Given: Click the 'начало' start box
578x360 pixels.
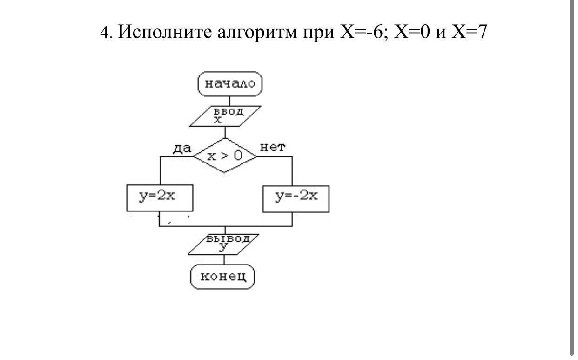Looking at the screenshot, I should click(x=230, y=84).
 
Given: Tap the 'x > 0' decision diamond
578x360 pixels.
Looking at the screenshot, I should click(x=225, y=156).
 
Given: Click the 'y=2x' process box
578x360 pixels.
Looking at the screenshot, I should click(x=160, y=198).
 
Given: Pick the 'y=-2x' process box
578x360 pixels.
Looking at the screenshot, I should click(x=296, y=198).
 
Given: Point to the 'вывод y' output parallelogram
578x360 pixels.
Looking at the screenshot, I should click(x=223, y=244).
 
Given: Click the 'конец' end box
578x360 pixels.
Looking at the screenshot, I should click(x=223, y=277).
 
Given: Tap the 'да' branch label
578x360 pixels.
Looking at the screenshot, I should click(x=182, y=149).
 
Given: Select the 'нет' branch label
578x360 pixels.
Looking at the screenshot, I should click(x=272, y=148).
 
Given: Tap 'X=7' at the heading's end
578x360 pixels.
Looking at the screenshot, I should click(x=469, y=32).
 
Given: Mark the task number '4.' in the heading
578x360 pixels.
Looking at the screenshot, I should click(x=107, y=33).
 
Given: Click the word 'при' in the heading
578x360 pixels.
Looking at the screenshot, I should click(x=319, y=33).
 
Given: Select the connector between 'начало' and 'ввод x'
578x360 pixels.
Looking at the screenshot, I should click(x=229, y=101).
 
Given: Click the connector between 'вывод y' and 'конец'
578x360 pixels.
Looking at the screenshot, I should click(x=224, y=260).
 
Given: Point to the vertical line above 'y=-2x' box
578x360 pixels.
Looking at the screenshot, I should click(x=292, y=171).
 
